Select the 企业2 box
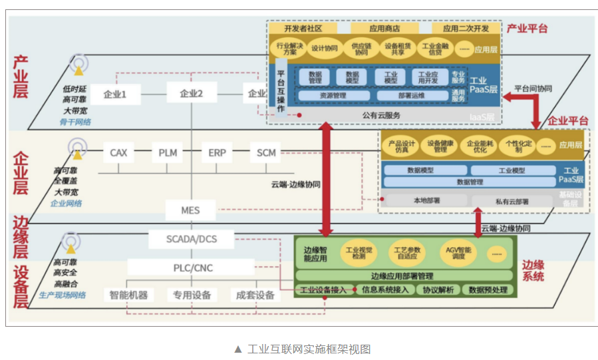pos(191,94)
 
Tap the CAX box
pos(118,153)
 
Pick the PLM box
pos(168,153)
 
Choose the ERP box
pos(217,153)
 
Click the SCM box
pos(266,153)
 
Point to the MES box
pos(190,211)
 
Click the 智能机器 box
pos(128,295)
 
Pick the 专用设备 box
pos(192,295)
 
